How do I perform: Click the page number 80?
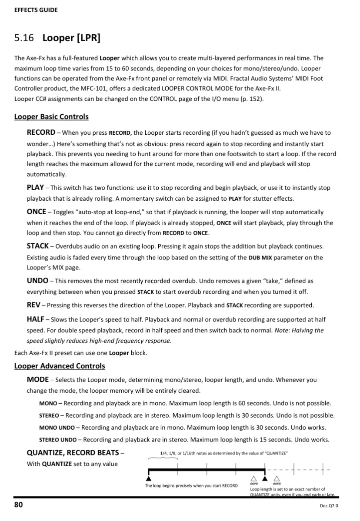pos(19,505)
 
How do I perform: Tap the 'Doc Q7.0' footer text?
pos(329,506)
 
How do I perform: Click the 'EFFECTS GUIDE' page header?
pos(36,10)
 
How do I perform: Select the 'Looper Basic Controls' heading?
pos(51,117)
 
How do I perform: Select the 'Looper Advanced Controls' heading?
pos(60,366)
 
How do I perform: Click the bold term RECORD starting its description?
pos(41,133)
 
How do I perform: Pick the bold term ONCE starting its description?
pos(36,212)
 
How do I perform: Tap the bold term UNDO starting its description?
pos(37,281)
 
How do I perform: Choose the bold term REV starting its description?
pos(33,305)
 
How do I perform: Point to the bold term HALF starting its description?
pos(36,319)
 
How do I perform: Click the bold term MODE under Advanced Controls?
pos(37,380)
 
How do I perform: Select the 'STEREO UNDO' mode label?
pos(57,439)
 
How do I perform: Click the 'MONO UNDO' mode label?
pos(56,428)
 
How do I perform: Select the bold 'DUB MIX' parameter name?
pos(260,258)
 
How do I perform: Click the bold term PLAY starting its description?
pos(35,188)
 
